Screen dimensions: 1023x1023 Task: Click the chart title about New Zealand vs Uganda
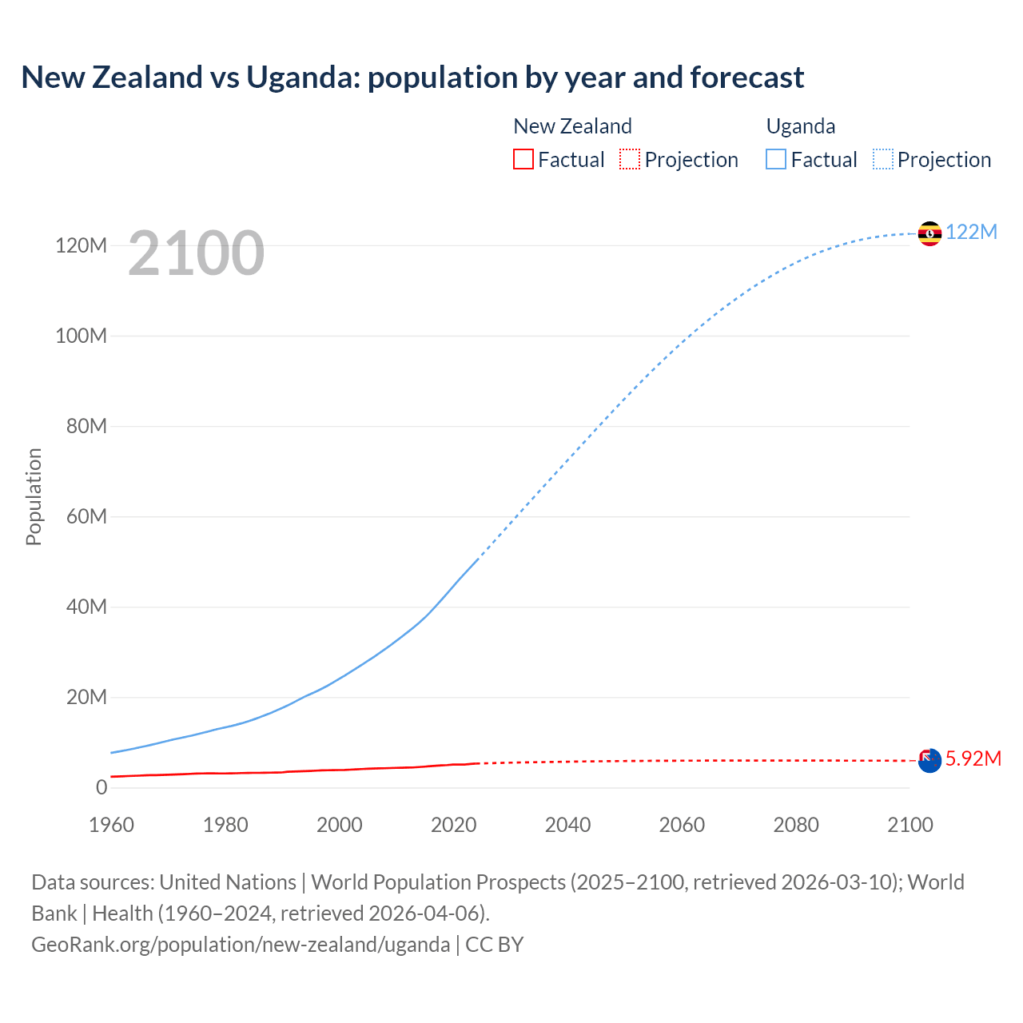pos(412,78)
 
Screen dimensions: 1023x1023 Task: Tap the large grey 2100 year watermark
pos(196,253)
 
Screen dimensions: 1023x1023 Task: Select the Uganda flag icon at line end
pos(929,233)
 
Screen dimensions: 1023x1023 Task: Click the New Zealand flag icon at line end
pos(929,760)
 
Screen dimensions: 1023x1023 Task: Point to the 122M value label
pos(971,233)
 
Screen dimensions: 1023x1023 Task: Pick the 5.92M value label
pos(973,758)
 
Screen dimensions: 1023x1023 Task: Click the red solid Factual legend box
pos(523,159)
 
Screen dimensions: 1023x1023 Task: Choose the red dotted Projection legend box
pos(630,159)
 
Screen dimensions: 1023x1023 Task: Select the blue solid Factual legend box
pos(776,159)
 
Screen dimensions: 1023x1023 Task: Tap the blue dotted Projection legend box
pos(883,159)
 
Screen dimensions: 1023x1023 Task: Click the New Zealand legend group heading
pos(572,126)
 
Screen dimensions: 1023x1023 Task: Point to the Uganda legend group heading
pos(801,126)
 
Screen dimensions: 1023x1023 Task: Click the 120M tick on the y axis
pos(81,245)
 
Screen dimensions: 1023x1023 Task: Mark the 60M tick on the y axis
pos(86,516)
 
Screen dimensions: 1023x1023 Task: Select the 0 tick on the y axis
pos(101,787)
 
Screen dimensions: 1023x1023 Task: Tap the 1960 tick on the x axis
pos(111,825)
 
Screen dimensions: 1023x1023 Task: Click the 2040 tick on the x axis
pos(567,825)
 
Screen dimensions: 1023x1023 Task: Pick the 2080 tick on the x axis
pos(796,825)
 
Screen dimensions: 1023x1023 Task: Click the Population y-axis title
pos(34,496)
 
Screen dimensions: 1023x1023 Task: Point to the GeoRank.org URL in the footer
pos(241,945)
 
